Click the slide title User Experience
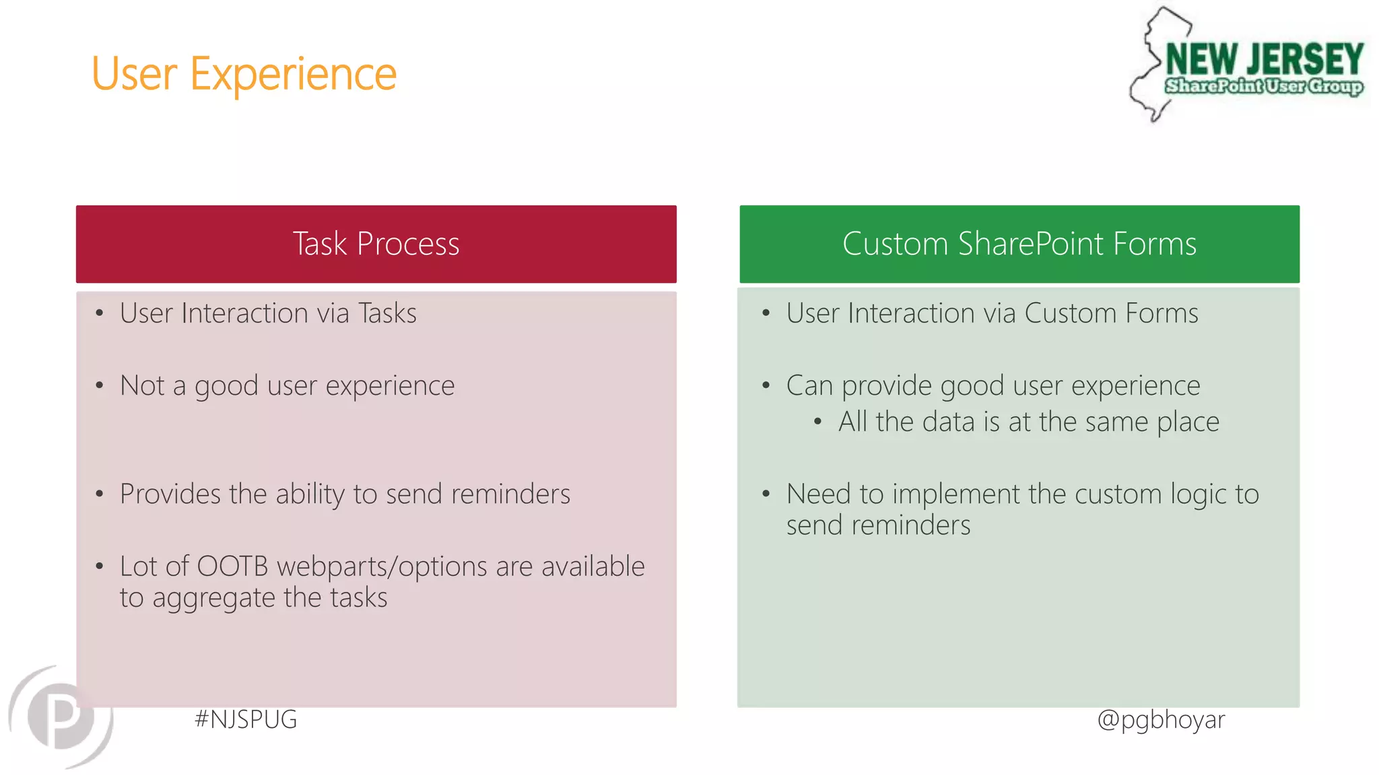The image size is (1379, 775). pyautogui.click(x=244, y=74)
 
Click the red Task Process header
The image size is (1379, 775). pyautogui.click(x=376, y=244)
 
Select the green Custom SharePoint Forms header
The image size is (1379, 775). pyautogui.click(x=1019, y=244)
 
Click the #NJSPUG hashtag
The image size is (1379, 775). pyautogui.click(x=246, y=719)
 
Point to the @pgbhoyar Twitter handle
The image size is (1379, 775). pyautogui.click(x=1161, y=719)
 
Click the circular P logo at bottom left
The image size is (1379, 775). pyautogui.click(x=61, y=716)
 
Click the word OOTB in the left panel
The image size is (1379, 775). pyautogui.click(x=232, y=566)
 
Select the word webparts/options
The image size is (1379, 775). pyautogui.click(x=382, y=566)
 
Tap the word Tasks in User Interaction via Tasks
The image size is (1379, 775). pyautogui.click(x=387, y=313)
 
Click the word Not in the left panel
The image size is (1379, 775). pyautogui.click(x=142, y=385)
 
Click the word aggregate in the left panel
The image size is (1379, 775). pyautogui.click(x=214, y=598)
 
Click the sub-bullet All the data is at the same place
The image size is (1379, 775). pyautogui.click(x=1028, y=422)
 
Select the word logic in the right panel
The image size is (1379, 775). pyautogui.click(x=1199, y=494)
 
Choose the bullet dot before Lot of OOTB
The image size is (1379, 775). pyautogui.click(x=100, y=566)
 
